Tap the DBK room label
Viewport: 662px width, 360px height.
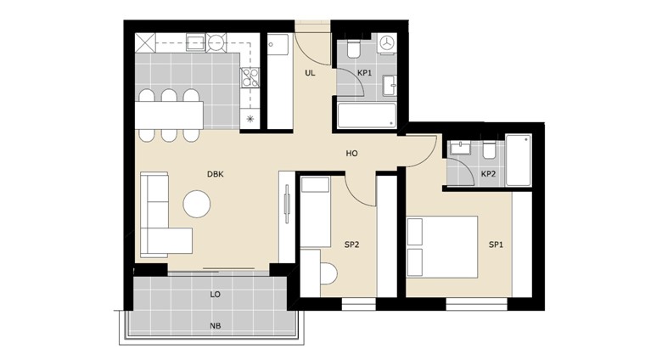(216, 174)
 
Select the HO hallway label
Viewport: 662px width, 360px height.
(351, 154)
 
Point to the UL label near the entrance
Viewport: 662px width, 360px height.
(311, 73)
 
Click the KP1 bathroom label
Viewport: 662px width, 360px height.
(365, 73)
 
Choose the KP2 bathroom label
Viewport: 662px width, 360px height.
(488, 174)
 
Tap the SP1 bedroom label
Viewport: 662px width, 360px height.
(496, 245)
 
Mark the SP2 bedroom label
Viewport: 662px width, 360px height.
(351, 245)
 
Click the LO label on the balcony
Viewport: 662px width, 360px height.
(216, 295)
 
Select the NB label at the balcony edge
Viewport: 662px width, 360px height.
(216, 325)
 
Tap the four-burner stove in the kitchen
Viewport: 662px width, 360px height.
(250, 79)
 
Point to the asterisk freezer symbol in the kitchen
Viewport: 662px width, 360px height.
(250, 118)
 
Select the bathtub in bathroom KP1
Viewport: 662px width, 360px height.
(367, 116)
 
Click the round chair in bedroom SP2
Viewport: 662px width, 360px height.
(329, 273)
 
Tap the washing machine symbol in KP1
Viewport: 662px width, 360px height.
(388, 43)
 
